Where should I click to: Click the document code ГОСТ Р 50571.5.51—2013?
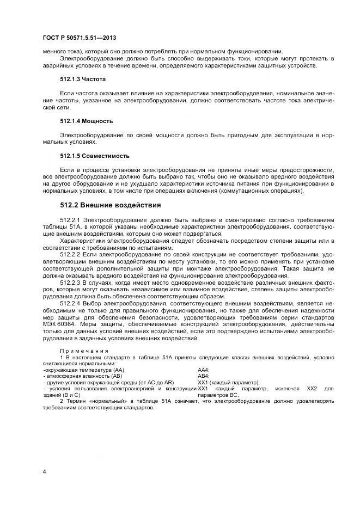79,38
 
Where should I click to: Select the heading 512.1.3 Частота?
82,78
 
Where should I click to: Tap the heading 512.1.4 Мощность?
86,120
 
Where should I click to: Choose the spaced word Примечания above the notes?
84,351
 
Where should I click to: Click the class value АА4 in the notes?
203,370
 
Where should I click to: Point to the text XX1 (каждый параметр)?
228,383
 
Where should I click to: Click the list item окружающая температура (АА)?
84,370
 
